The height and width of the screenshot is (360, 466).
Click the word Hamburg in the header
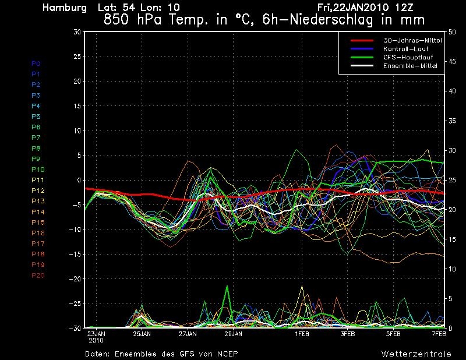tap(65, 8)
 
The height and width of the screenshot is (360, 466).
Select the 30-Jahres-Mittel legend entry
tap(412, 40)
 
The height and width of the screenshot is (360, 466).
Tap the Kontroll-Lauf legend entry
tap(405, 49)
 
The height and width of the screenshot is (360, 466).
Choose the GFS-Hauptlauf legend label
tap(408, 57)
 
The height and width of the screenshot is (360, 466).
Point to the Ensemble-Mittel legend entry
tap(410, 66)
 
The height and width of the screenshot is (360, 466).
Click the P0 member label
tap(36, 63)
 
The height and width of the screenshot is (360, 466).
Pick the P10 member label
tap(38, 170)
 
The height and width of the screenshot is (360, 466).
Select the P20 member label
tap(38, 276)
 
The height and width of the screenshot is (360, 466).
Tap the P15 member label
tap(38, 223)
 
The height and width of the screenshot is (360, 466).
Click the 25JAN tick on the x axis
tap(142, 334)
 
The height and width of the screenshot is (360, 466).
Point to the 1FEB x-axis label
tap(302, 334)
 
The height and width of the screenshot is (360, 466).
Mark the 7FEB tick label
tap(439, 334)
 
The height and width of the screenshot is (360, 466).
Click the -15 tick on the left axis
tap(75, 254)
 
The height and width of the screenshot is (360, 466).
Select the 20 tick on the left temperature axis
tap(77, 81)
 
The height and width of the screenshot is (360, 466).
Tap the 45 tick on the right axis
tap(452, 62)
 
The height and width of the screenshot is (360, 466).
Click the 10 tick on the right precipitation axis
tap(452, 269)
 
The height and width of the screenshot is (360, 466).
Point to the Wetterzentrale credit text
tap(416, 354)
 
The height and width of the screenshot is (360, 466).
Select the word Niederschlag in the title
tap(331, 20)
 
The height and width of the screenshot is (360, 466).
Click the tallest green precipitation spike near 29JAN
tap(227, 286)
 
